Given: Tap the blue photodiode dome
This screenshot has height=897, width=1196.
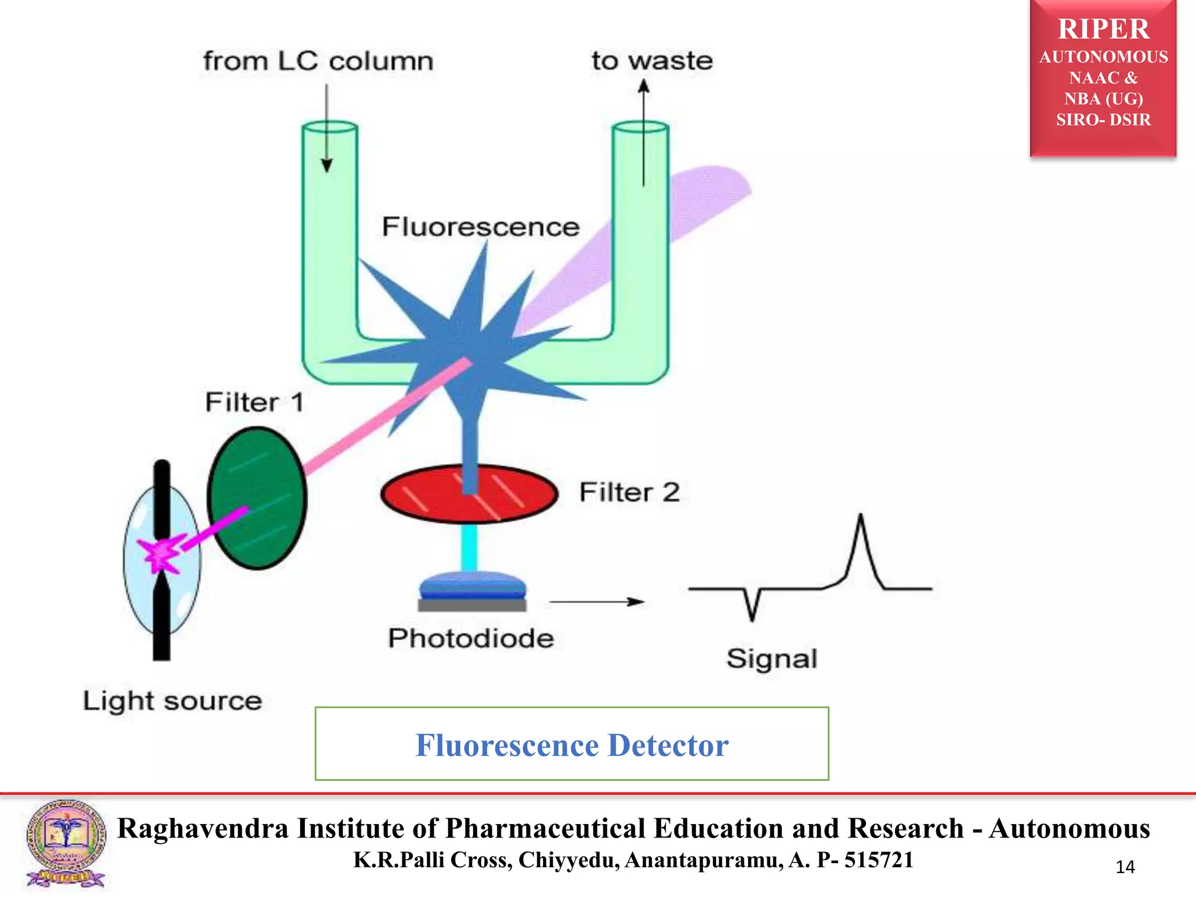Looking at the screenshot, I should (x=472, y=583).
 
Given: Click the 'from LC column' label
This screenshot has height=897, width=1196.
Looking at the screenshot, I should (x=318, y=61).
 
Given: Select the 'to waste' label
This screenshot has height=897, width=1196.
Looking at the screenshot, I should (x=652, y=61).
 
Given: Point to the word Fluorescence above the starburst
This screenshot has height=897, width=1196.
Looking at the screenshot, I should (x=480, y=227).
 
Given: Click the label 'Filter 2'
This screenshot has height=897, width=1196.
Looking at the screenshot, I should (x=630, y=492).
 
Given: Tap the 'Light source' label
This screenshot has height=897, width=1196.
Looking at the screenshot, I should (x=172, y=701).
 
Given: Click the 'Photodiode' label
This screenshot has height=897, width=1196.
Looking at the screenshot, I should (x=471, y=638).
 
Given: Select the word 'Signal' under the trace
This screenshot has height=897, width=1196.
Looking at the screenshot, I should (x=771, y=659).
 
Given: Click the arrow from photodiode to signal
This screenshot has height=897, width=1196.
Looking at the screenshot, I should (x=596, y=602).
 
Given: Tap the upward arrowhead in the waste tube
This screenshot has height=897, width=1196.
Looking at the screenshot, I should (x=644, y=88).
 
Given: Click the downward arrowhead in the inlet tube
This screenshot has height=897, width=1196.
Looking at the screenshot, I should (x=327, y=165).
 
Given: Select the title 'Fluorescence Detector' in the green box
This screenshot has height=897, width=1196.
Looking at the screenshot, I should (x=572, y=745).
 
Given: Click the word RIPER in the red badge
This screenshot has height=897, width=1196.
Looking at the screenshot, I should (x=1103, y=29).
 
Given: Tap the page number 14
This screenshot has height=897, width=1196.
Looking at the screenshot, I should (x=1125, y=867).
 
